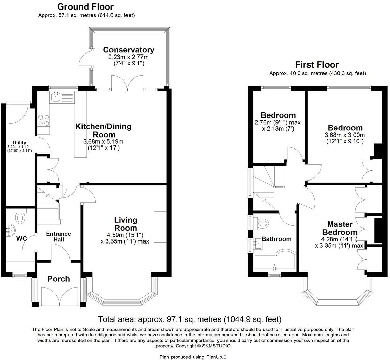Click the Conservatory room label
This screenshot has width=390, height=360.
pos(129,50)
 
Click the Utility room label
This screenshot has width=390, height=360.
pos(19,143)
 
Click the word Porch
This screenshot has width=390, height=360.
pos(59,279)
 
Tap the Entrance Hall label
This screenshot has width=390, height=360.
pos(58,237)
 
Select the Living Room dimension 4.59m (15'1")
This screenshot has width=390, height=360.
pos(125,235)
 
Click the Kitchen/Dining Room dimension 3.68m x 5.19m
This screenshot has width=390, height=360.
pos(103,142)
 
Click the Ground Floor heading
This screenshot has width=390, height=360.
pos(85,6)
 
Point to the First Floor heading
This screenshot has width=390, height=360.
pos(317,65)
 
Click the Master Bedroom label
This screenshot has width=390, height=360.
pos(340,228)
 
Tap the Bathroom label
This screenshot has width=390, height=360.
pos(276,239)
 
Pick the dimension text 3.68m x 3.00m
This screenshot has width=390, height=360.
pos(345,135)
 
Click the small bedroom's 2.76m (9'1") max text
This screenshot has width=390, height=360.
pos(277,123)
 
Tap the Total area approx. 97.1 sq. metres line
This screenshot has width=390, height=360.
pos(190,319)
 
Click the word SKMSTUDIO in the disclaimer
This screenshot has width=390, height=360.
pos(216,346)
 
